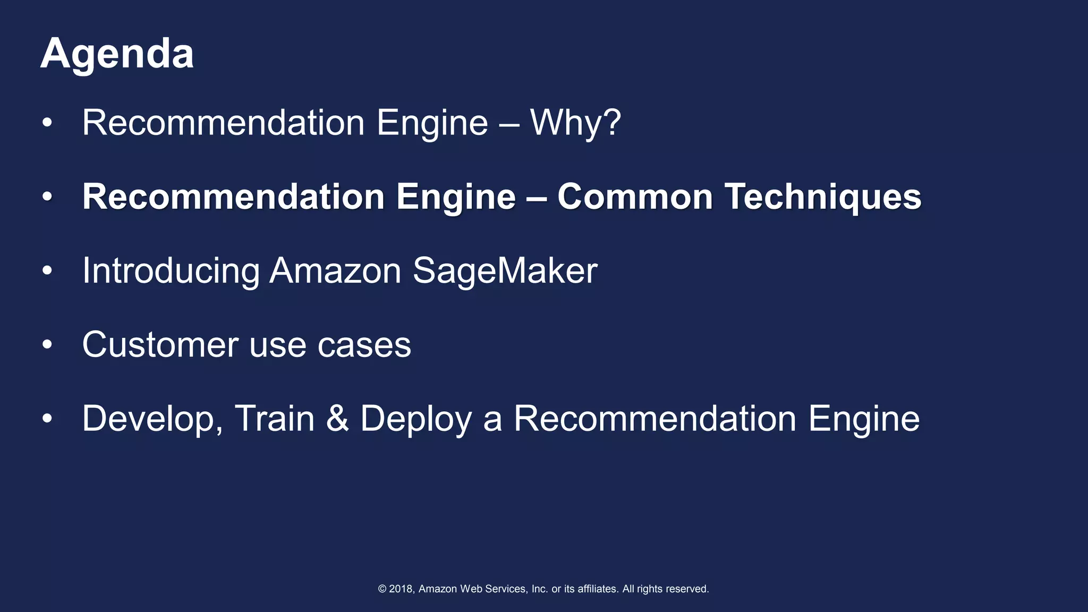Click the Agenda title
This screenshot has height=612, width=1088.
point(117,54)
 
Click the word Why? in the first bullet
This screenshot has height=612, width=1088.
point(575,123)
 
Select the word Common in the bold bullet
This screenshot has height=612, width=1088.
point(635,197)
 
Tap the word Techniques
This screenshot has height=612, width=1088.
point(823,197)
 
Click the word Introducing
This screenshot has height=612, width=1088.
point(171,271)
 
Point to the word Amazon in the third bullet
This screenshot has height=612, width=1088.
point(335,271)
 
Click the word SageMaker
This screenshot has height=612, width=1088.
point(505,271)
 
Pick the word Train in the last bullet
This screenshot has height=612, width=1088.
point(275,419)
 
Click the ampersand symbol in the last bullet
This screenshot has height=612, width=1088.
point(337,419)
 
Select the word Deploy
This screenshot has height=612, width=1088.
point(416,420)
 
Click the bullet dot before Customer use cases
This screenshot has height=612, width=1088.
point(47,345)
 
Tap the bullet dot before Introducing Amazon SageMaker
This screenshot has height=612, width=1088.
point(47,271)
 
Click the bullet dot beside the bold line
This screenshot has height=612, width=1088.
point(47,197)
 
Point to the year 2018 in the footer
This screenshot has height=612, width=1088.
point(401,589)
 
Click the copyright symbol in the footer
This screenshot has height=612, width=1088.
point(382,589)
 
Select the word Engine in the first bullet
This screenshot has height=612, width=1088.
point(432,123)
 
